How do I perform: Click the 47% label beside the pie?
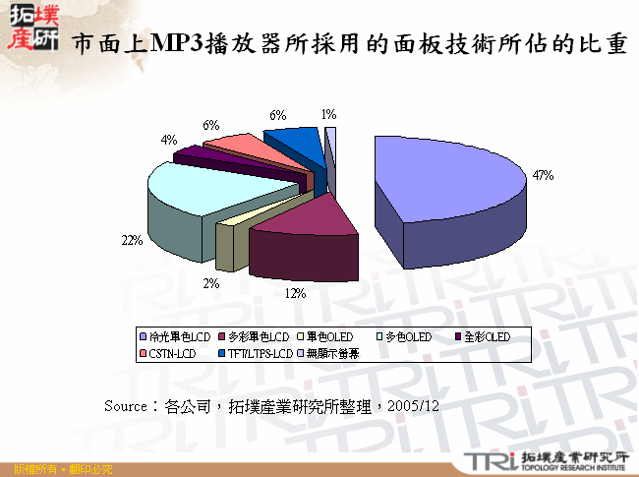pyautogui.click(x=543, y=176)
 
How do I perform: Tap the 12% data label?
pyautogui.click(x=295, y=293)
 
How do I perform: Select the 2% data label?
pyautogui.click(x=211, y=284)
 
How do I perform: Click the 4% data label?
pyautogui.click(x=170, y=141)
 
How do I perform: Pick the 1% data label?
pyautogui.click(x=328, y=114)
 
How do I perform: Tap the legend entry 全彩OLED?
pyautogui.click(x=485, y=336)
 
